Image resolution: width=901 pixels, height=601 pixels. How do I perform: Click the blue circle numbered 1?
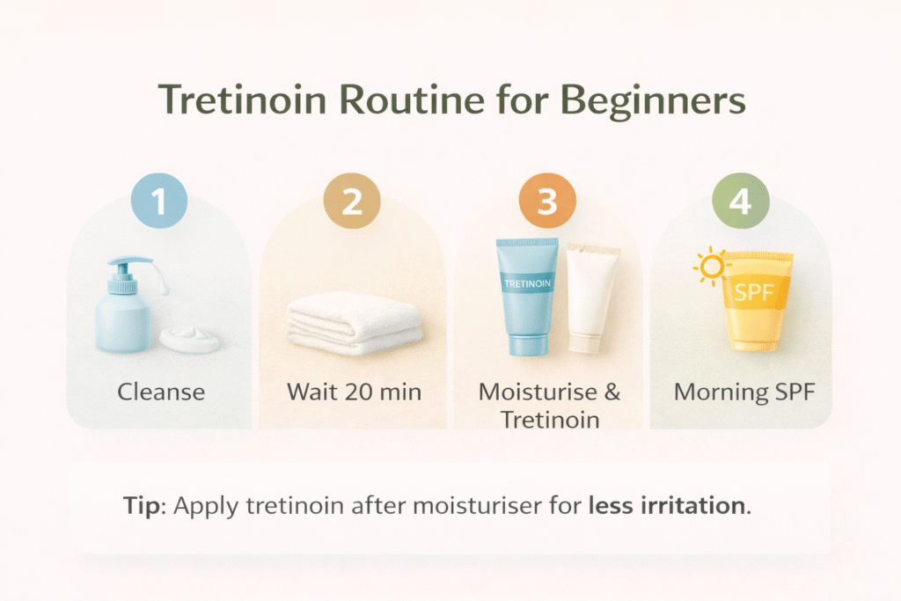click(159, 201)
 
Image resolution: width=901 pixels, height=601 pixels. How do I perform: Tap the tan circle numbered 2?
click(352, 201)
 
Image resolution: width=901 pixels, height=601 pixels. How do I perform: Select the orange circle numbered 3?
click(547, 201)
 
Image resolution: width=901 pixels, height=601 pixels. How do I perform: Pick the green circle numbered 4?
click(741, 201)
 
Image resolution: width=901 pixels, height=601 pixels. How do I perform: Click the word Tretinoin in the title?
click(242, 99)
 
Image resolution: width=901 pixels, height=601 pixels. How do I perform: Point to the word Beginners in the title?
click(653, 101)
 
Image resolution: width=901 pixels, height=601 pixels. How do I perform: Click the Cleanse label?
click(161, 392)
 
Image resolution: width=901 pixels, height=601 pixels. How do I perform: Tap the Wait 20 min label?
click(354, 392)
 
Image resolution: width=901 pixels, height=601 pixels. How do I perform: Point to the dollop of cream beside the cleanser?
click(189, 339)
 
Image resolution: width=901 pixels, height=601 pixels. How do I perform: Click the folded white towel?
click(355, 323)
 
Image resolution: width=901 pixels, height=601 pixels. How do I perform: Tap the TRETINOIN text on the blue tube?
click(527, 283)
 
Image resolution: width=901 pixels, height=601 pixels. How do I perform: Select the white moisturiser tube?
click(592, 297)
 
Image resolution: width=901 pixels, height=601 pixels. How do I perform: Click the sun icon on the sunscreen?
click(712, 267)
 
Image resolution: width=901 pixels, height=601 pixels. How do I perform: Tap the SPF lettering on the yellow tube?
click(754, 293)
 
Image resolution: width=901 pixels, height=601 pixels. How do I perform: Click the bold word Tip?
click(142, 507)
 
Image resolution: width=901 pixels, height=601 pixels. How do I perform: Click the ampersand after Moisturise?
click(612, 392)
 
